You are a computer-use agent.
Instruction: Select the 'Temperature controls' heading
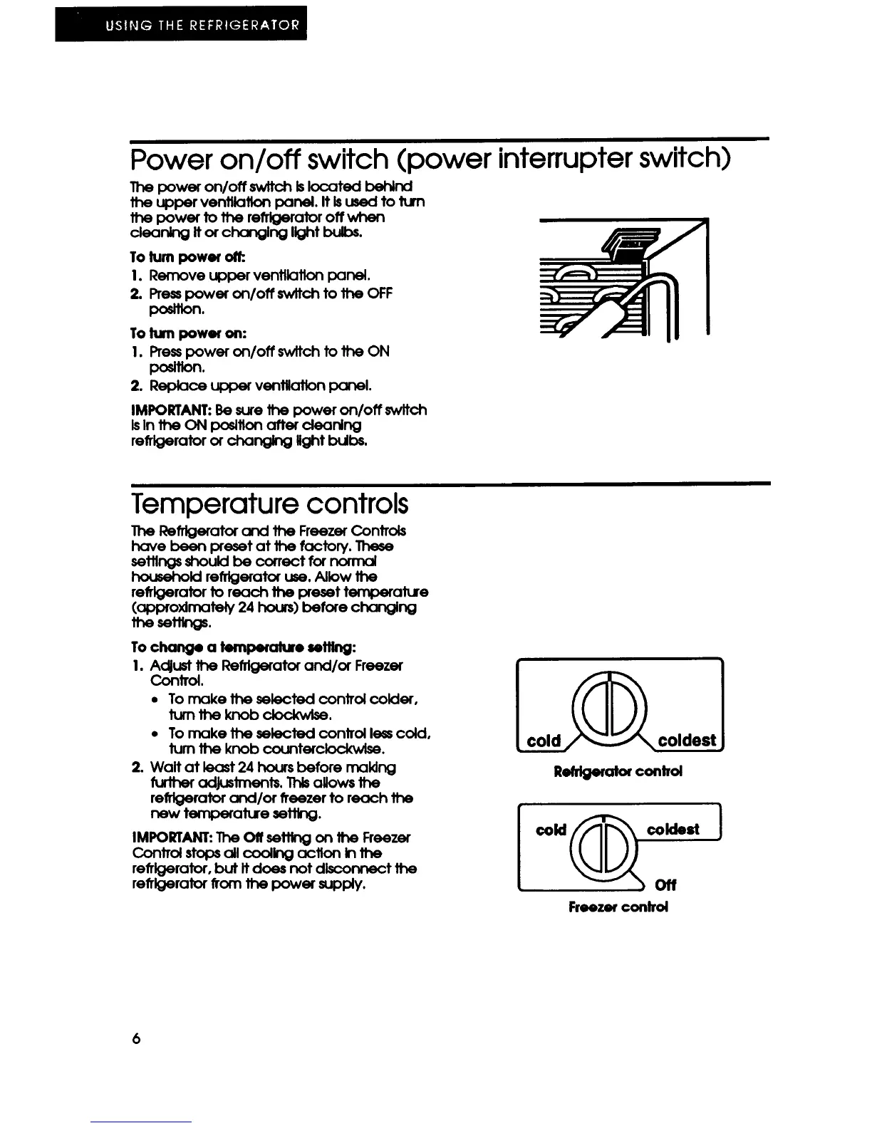[270, 504]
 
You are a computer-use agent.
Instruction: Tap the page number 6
[136, 1039]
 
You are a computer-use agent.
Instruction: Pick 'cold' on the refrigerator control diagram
[544, 741]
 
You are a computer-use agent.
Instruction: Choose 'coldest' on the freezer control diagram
[673, 829]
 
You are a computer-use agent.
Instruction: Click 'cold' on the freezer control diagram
[551, 830]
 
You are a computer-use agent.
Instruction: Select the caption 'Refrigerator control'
[618, 771]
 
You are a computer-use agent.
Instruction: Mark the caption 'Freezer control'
[618, 907]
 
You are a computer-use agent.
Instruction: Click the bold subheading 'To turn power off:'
[175, 256]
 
